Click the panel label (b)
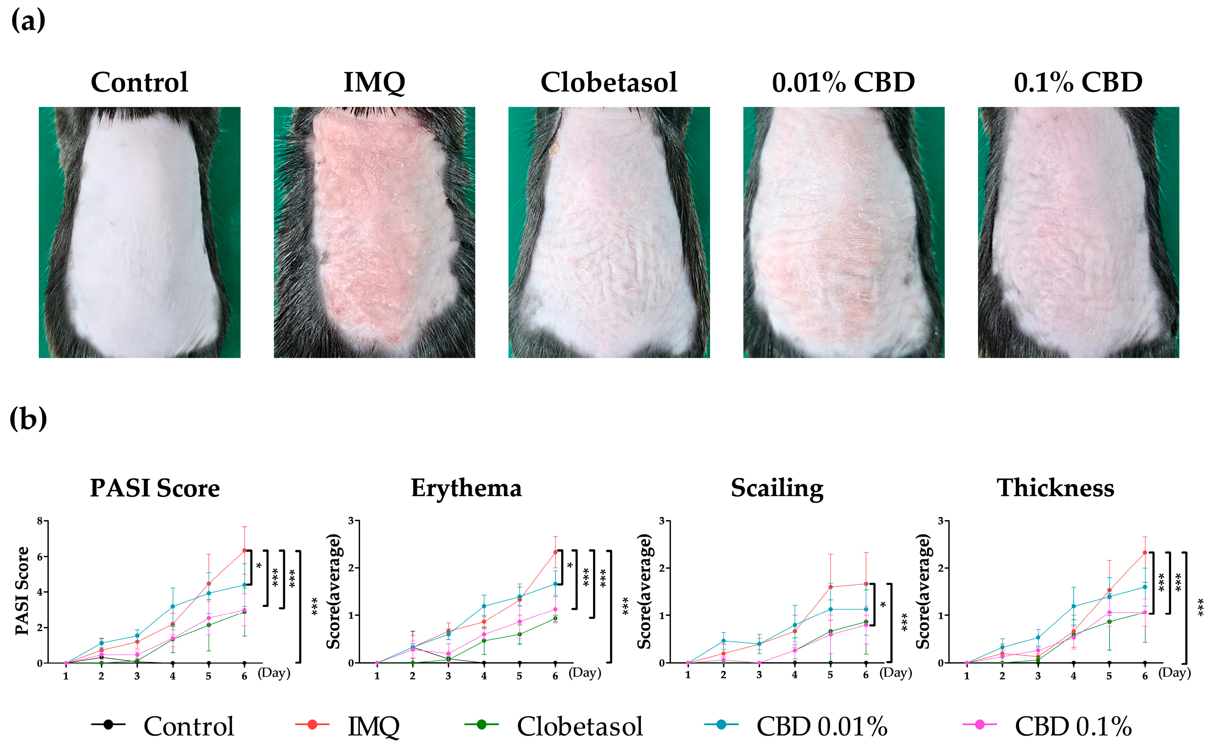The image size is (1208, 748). click(28, 419)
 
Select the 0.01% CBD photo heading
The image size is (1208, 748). click(843, 82)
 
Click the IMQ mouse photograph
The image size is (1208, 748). click(374, 233)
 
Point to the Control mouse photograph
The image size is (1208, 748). click(139, 233)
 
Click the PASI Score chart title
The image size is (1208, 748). click(155, 488)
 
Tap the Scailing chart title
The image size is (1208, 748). click(777, 488)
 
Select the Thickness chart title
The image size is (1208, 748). click(1055, 488)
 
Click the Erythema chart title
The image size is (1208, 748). click(466, 488)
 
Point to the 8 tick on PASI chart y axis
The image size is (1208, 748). click(39, 521)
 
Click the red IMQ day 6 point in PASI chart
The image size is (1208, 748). click(244, 550)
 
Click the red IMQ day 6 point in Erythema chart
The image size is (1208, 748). click(555, 552)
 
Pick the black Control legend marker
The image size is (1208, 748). click(108, 724)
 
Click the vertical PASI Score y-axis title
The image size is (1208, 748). click(22, 591)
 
